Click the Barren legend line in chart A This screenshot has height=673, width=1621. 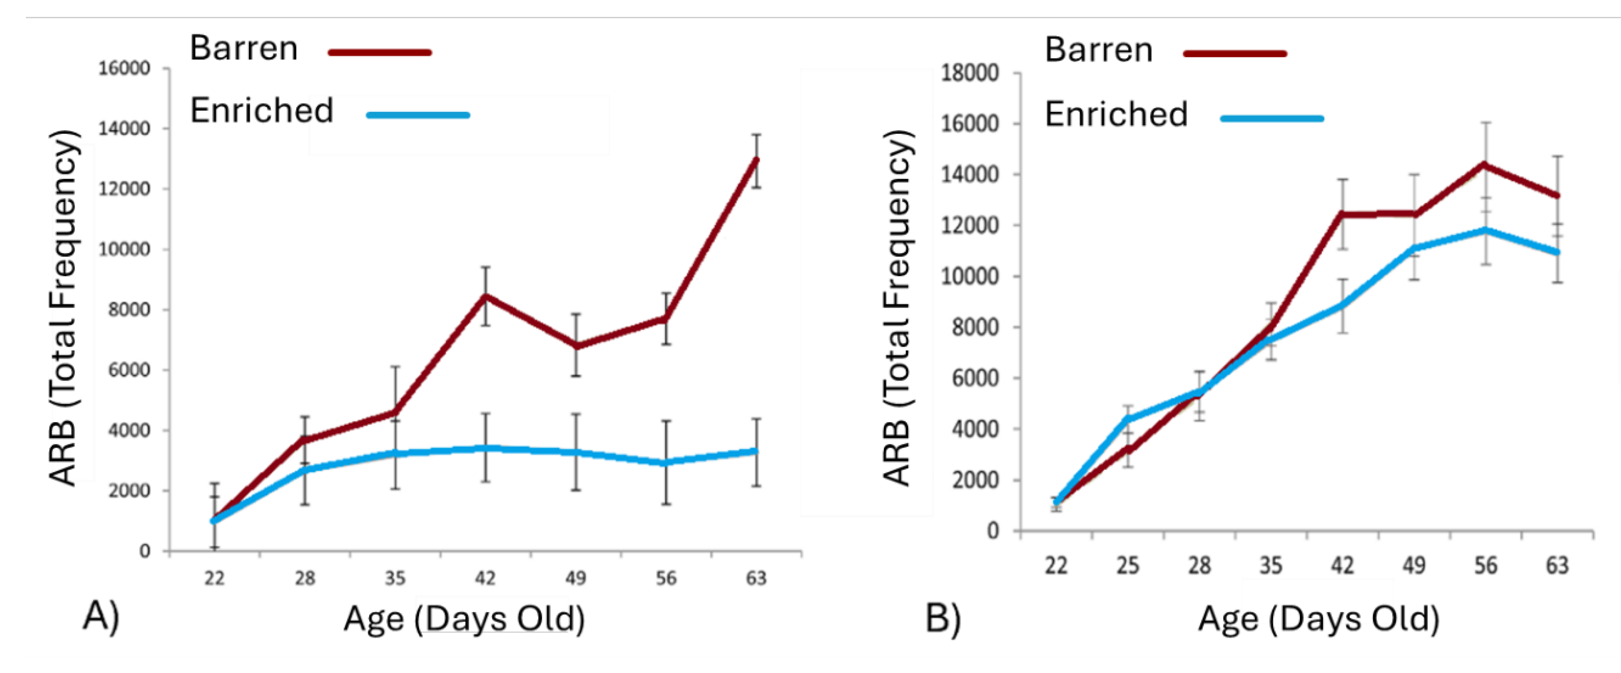click(x=380, y=52)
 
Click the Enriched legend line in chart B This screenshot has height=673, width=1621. click(x=1272, y=118)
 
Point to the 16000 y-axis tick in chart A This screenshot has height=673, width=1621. click(x=124, y=69)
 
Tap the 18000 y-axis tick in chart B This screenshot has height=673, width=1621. click(x=969, y=73)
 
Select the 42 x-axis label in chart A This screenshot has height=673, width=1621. click(x=485, y=577)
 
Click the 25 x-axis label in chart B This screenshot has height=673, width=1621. click(x=1128, y=566)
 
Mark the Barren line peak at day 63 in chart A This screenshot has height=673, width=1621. click(x=756, y=160)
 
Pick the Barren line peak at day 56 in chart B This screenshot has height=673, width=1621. click(x=1485, y=165)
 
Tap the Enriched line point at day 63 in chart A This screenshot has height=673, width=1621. click(x=756, y=451)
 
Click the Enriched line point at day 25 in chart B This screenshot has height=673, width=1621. click(x=1128, y=419)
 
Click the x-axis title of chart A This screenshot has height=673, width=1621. click(x=464, y=619)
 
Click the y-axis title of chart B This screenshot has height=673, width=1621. click(x=897, y=308)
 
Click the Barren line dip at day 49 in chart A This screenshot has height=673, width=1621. click(x=576, y=346)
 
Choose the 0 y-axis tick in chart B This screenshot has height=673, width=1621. click(x=992, y=531)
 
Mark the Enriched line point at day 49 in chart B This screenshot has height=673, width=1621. click(x=1414, y=248)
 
